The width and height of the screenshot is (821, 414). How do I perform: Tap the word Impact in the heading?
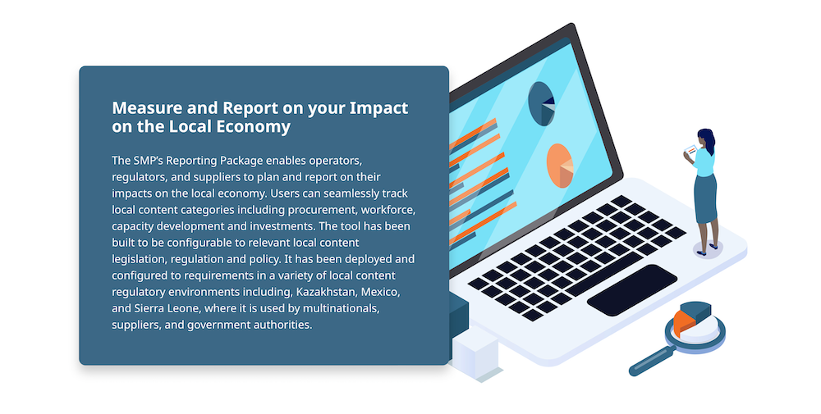click(378, 107)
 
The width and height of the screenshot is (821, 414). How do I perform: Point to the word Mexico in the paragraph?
click(381, 292)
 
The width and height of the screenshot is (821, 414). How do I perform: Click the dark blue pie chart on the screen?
click(541, 104)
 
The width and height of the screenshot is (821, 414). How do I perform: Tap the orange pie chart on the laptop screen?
click(560, 166)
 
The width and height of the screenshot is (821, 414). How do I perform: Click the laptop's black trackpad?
click(632, 289)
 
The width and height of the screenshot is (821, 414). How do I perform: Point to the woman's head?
click(706, 138)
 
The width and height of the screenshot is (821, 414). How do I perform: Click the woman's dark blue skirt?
click(706, 199)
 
